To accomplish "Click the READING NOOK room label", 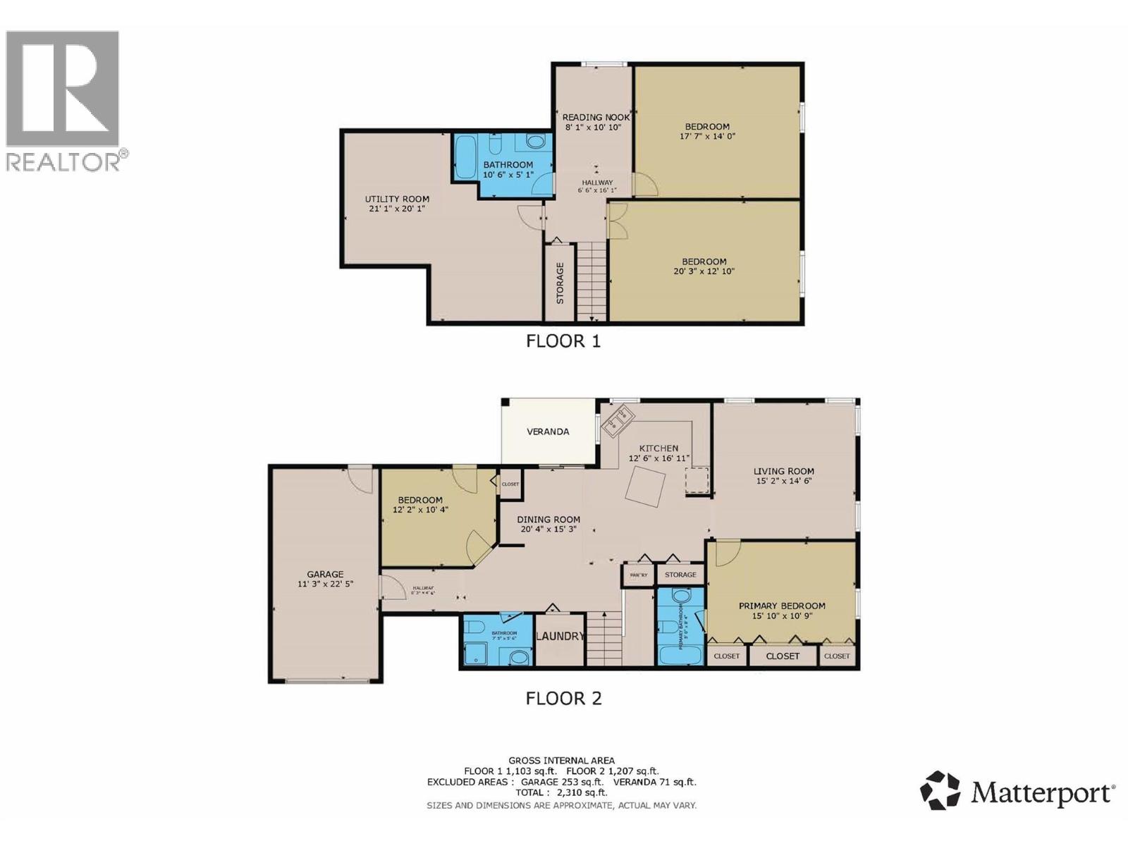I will [x=596, y=117].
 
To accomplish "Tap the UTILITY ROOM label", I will [x=397, y=199].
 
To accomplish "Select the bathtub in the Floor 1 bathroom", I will [x=465, y=158].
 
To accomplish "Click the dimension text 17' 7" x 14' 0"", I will [x=707, y=137].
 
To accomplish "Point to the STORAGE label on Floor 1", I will [x=560, y=283].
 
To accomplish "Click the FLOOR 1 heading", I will [x=563, y=341].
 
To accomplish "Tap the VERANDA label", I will [x=548, y=431].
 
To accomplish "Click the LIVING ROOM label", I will [x=783, y=471].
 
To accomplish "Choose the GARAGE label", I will [x=325, y=574].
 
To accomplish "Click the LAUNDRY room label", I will [x=560, y=636].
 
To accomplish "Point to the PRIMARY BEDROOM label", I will [x=782, y=606].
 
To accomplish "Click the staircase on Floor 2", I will [x=605, y=637].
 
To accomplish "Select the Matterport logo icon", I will [x=940, y=790].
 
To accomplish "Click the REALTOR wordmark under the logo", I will [x=63, y=162].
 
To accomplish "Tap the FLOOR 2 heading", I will [x=563, y=699].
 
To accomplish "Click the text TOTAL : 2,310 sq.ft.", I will [x=561, y=792].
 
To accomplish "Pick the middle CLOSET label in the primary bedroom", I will [x=783, y=656].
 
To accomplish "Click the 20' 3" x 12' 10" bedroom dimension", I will [x=704, y=271].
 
